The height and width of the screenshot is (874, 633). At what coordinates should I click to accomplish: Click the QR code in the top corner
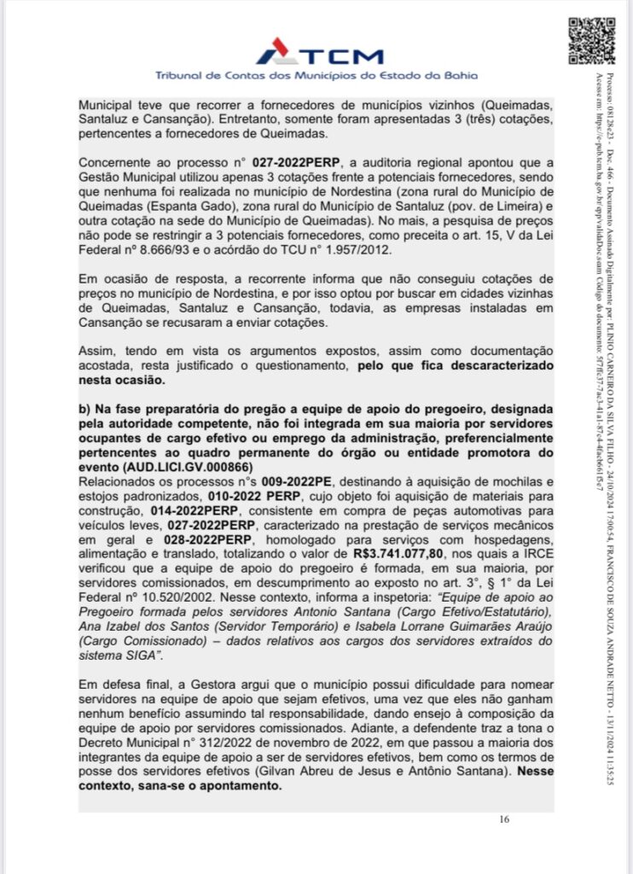click(x=592, y=40)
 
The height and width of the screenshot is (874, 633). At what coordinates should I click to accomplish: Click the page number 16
click(x=504, y=820)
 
